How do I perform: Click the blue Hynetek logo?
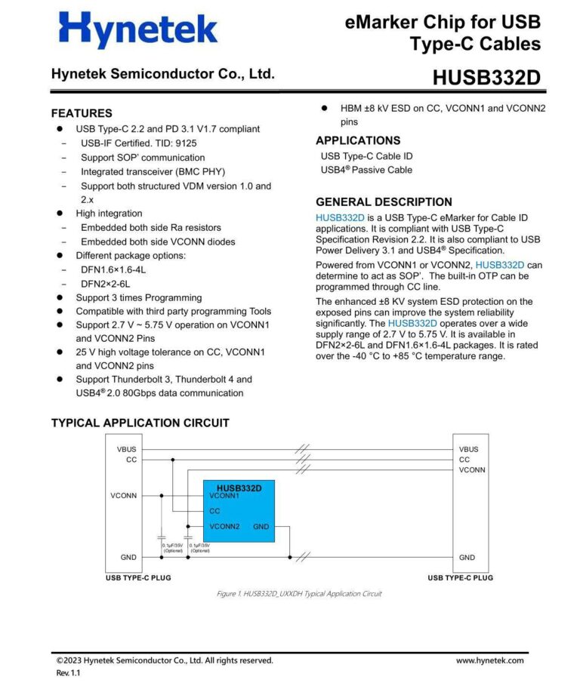(137, 31)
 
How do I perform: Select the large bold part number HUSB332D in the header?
(486, 78)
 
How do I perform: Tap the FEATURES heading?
(82, 113)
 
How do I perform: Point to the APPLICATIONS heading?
(358, 140)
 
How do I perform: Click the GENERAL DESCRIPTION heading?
(384, 202)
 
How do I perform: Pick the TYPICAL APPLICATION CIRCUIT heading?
(140, 423)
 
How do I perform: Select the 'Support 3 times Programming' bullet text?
(138, 297)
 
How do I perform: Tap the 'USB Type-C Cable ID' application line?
(366, 156)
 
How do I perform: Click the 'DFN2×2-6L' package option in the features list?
(105, 284)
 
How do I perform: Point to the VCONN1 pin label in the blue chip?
(224, 496)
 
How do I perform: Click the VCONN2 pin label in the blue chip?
(224, 526)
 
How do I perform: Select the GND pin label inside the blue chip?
(261, 526)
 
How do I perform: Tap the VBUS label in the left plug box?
(127, 449)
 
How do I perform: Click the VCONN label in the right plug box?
(472, 469)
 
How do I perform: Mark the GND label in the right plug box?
(467, 557)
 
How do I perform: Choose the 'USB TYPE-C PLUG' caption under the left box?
(138, 577)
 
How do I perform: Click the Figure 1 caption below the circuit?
(298, 594)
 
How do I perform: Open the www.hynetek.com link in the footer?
(489, 660)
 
